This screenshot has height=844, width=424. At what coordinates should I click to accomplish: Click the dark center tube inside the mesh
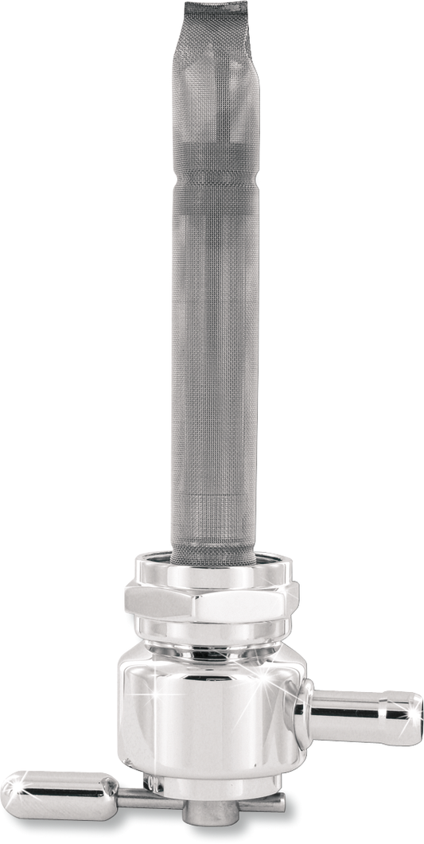tap(213, 358)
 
